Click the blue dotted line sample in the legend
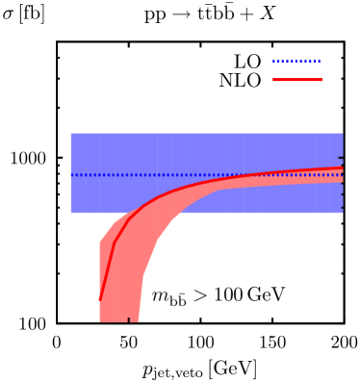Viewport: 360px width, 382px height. click(x=296, y=62)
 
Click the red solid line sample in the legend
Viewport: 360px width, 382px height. click(x=296, y=80)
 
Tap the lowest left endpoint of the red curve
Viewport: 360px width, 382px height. click(x=99, y=300)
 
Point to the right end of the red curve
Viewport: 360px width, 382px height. click(x=343, y=168)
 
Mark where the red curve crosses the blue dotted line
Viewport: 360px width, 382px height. click(x=257, y=175)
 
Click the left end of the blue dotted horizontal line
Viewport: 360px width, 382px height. click(x=71, y=175)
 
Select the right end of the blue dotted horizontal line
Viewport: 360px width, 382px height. click(x=343, y=175)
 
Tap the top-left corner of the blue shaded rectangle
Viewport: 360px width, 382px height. click(x=70, y=133)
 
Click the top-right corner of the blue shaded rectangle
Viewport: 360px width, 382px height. click(x=343, y=133)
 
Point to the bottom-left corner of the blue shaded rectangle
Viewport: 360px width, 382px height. click(x=70, y=213)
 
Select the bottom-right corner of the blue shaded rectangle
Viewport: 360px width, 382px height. click(x=343, y=213)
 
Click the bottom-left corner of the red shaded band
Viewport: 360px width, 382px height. click(x=99, y=322)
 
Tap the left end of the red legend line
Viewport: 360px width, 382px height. click(x=272, y=80)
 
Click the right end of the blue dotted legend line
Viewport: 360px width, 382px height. click(x=321, y=62)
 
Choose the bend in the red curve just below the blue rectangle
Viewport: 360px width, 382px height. click(x=115, y=242)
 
